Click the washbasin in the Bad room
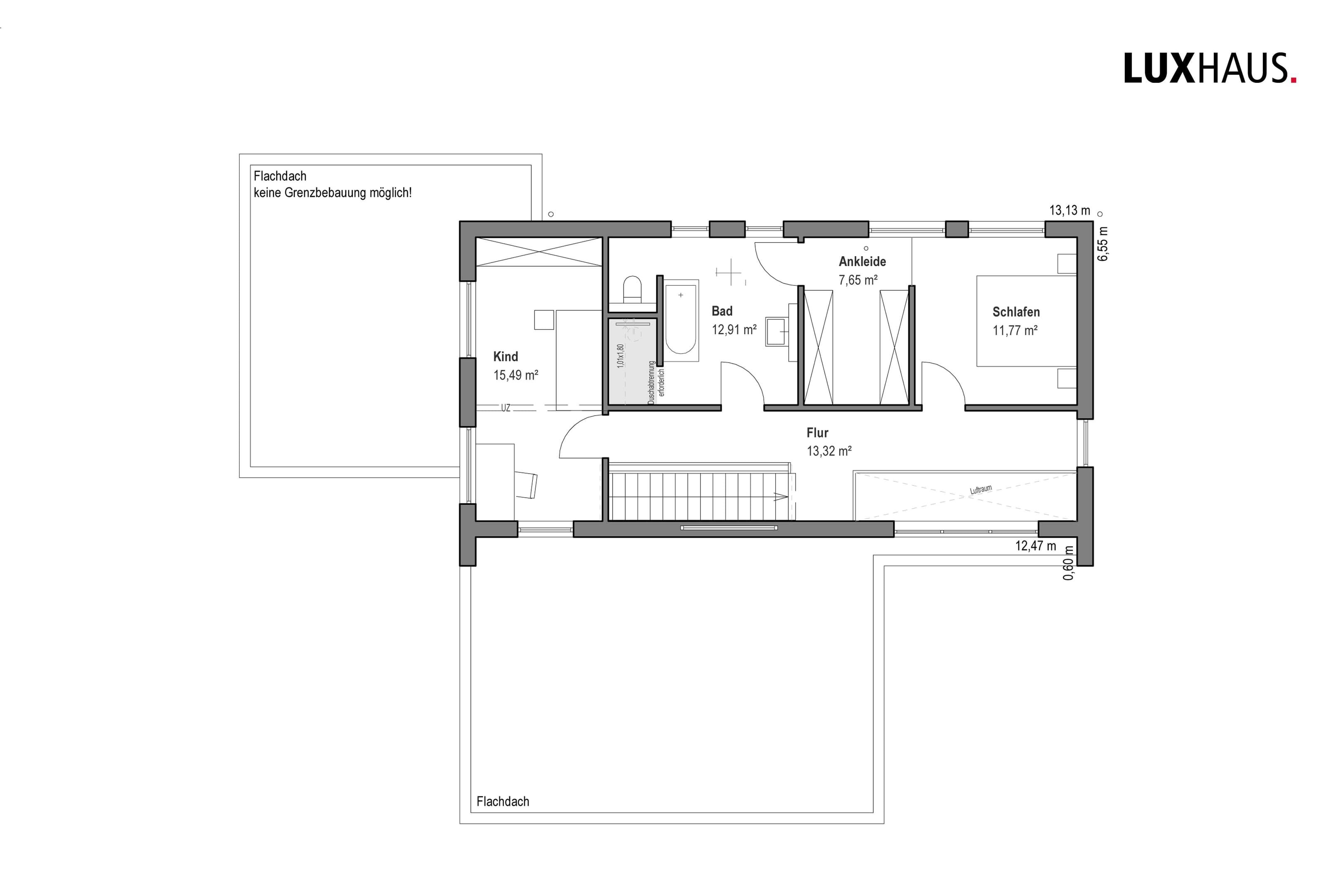(x=777, y=331)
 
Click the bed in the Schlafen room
(x=1026, y=321)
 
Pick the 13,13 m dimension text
(x=1069, y=210)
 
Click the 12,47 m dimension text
(x=1035, y=546)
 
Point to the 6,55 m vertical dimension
(x=1103, y=244)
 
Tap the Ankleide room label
(x=862, y=261)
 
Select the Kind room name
(x=505, y=356)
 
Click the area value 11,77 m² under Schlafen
(x=1015, y=330)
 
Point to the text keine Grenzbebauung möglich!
(x=332, y=193)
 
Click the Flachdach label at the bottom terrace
(x=503, y=802)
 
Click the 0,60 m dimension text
(x=1068, y=562)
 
